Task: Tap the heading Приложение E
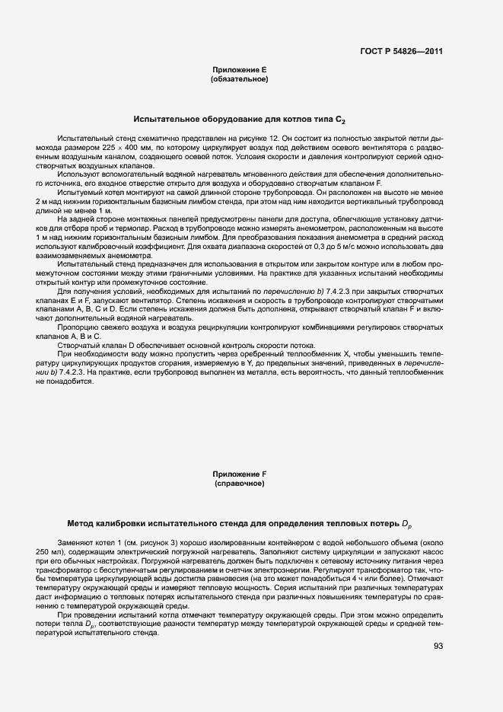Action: pos(239,69)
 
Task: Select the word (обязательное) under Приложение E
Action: pos(239,78)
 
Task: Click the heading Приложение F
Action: pos(239,474)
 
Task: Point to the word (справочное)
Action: pos(239,484)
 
